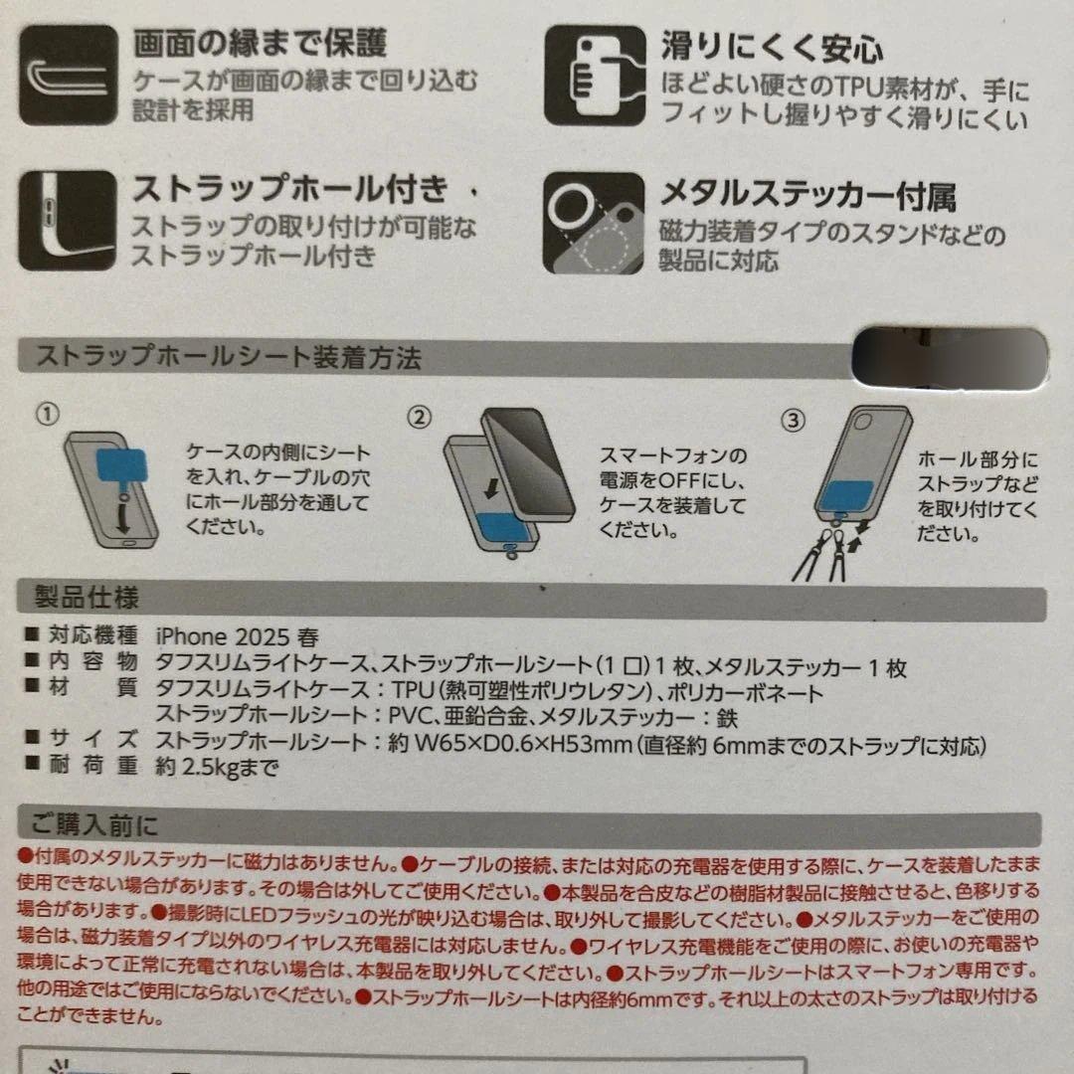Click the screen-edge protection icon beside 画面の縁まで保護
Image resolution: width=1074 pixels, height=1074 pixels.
tap(68, 75)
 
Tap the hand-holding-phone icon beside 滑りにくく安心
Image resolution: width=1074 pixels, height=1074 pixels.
tap(595, 76)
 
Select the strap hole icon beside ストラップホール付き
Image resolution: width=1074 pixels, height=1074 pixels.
tap(68, 220)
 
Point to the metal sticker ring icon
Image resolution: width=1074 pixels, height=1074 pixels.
tap(593, 223)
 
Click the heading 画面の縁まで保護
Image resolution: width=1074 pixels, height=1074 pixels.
tap(261, 43)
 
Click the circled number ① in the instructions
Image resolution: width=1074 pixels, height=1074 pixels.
tap(48, 413)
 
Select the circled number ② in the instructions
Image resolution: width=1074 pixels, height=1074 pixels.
tap(420, 417)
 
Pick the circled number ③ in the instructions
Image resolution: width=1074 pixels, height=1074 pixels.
tap(794, 420)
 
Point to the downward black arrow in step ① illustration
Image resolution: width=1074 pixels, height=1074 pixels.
tap(122, 517)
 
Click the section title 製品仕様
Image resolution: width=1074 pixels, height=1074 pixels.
tap(87, 598)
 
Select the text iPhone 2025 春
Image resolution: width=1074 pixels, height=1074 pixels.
tap(237, 637)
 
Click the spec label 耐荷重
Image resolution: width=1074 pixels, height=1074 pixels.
tap(92, 764)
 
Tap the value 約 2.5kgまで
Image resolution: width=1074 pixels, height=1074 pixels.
tap(217, 767)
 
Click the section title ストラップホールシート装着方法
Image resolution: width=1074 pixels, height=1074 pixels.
tap(229, 357)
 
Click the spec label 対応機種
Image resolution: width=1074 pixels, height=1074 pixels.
tap(92, 634)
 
